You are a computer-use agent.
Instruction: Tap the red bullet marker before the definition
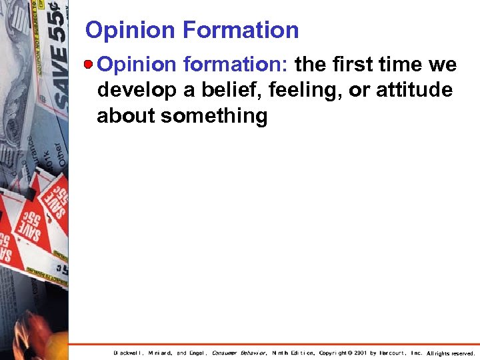tap(89, 64)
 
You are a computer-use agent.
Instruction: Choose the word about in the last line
tap(125, 116)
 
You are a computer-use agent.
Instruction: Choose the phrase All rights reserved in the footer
tap(451, 353)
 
